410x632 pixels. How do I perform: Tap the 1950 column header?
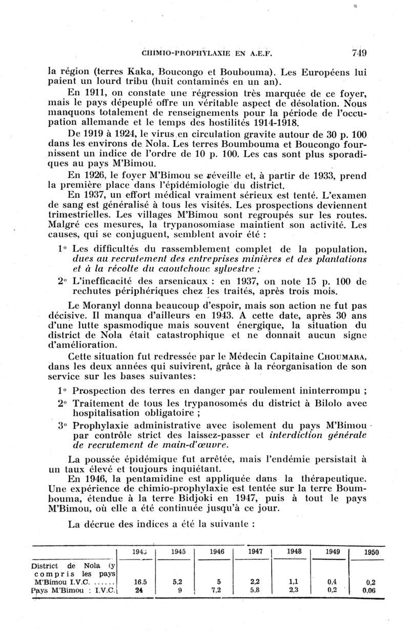coord(370,552)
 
